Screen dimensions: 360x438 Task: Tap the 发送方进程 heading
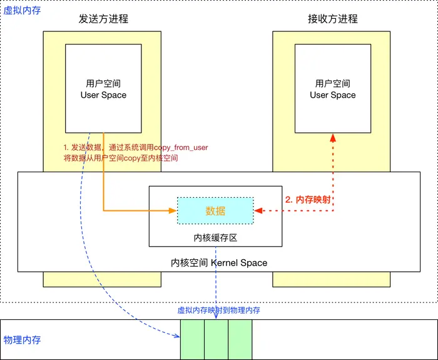pyautogui.click(x=103, y=19)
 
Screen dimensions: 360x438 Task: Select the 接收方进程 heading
pyautogui.click(x=332, y=19)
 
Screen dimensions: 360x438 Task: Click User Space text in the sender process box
pyautogui.click(x=103, y=95)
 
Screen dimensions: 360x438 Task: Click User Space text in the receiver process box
pyautogui.click(x=332, y=95)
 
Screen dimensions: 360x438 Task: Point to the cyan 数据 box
pyautogui.click(x=215, y=211)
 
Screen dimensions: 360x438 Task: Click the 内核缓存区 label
pyautogui.click(x=215, y=238)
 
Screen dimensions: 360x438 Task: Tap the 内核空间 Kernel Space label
pyautogui.click(x=219, y=262)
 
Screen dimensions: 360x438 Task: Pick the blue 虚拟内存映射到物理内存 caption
pyautogui.click(x=219, y=310)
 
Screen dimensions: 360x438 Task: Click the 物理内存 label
pyautogui.click(x=23, y=340)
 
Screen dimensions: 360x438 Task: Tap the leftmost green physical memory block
pyautogui.click(x=192, y=339)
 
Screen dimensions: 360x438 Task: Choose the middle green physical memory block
pyautogui.click(x=216, y=339)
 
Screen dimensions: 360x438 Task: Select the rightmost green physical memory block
pyautogui.click(x=240, y=339)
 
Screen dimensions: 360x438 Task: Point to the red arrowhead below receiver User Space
pyautogui.click(x=332, y=136)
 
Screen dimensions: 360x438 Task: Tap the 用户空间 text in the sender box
pyautogui.click(x=103, y=83)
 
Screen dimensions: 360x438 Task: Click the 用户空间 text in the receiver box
pyautogui.click(x=332, y=83)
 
